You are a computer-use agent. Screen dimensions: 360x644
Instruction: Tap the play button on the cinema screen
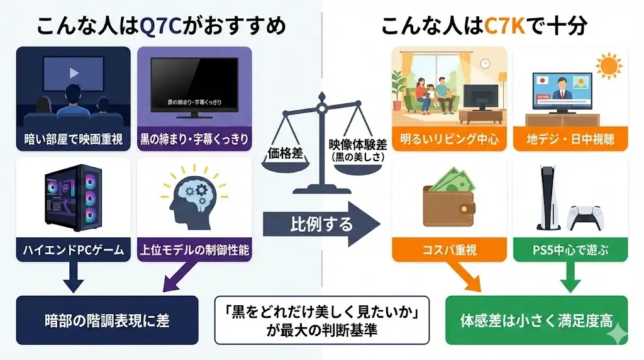point(74,72)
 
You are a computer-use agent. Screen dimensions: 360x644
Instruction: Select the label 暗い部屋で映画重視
point(74,138)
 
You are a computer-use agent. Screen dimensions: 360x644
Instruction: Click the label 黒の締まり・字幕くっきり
point(194,138)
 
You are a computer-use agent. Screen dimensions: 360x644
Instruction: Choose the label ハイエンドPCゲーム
point(74,250)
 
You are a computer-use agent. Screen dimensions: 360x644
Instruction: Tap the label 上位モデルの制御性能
point(194,250)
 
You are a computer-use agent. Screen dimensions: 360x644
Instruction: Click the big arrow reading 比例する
point(321,223)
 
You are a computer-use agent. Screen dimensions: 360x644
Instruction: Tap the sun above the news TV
point(609,65)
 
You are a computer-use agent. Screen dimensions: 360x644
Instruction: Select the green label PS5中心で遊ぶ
point(570,250)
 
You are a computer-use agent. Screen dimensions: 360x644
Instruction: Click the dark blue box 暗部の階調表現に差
point(106,320)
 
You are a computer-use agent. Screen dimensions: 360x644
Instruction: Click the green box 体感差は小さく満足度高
point(536,320)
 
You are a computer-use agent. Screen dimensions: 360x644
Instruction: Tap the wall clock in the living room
point(484,64)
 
